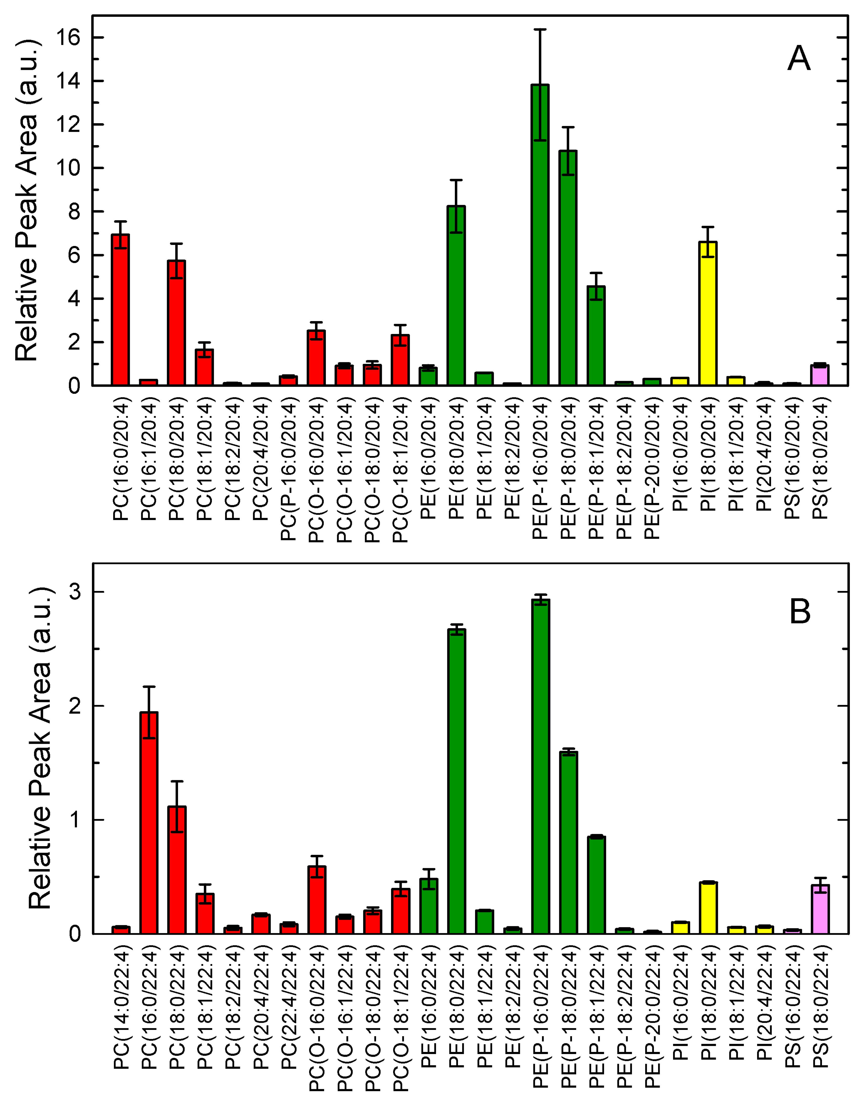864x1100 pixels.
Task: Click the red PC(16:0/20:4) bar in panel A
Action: point(120,310)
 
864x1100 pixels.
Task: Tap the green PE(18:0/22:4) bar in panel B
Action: point(457,781)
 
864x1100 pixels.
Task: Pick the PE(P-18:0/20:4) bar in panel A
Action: point(568,268)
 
